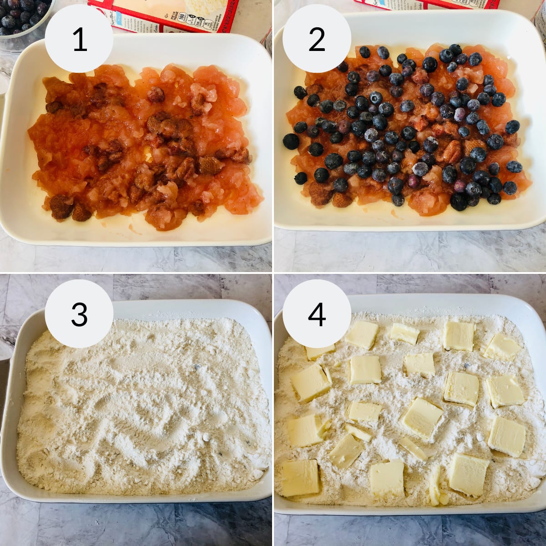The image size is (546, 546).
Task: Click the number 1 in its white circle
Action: pyautogui.click(x=80, y=40)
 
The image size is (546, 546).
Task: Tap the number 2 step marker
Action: pyautogui.click(x=317, y=40)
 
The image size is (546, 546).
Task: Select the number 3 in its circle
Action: pyautogui.click(x=80, y=314)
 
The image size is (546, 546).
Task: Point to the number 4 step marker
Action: pyautogui.click(x=317, y=314)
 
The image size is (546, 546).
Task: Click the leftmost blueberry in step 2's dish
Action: pyautogui.click(x=291, y=142)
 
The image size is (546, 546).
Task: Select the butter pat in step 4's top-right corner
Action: pyautogui.click(x=502, y=347)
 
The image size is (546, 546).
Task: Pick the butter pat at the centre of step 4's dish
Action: pyautogui.click(x=421, y=418)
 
